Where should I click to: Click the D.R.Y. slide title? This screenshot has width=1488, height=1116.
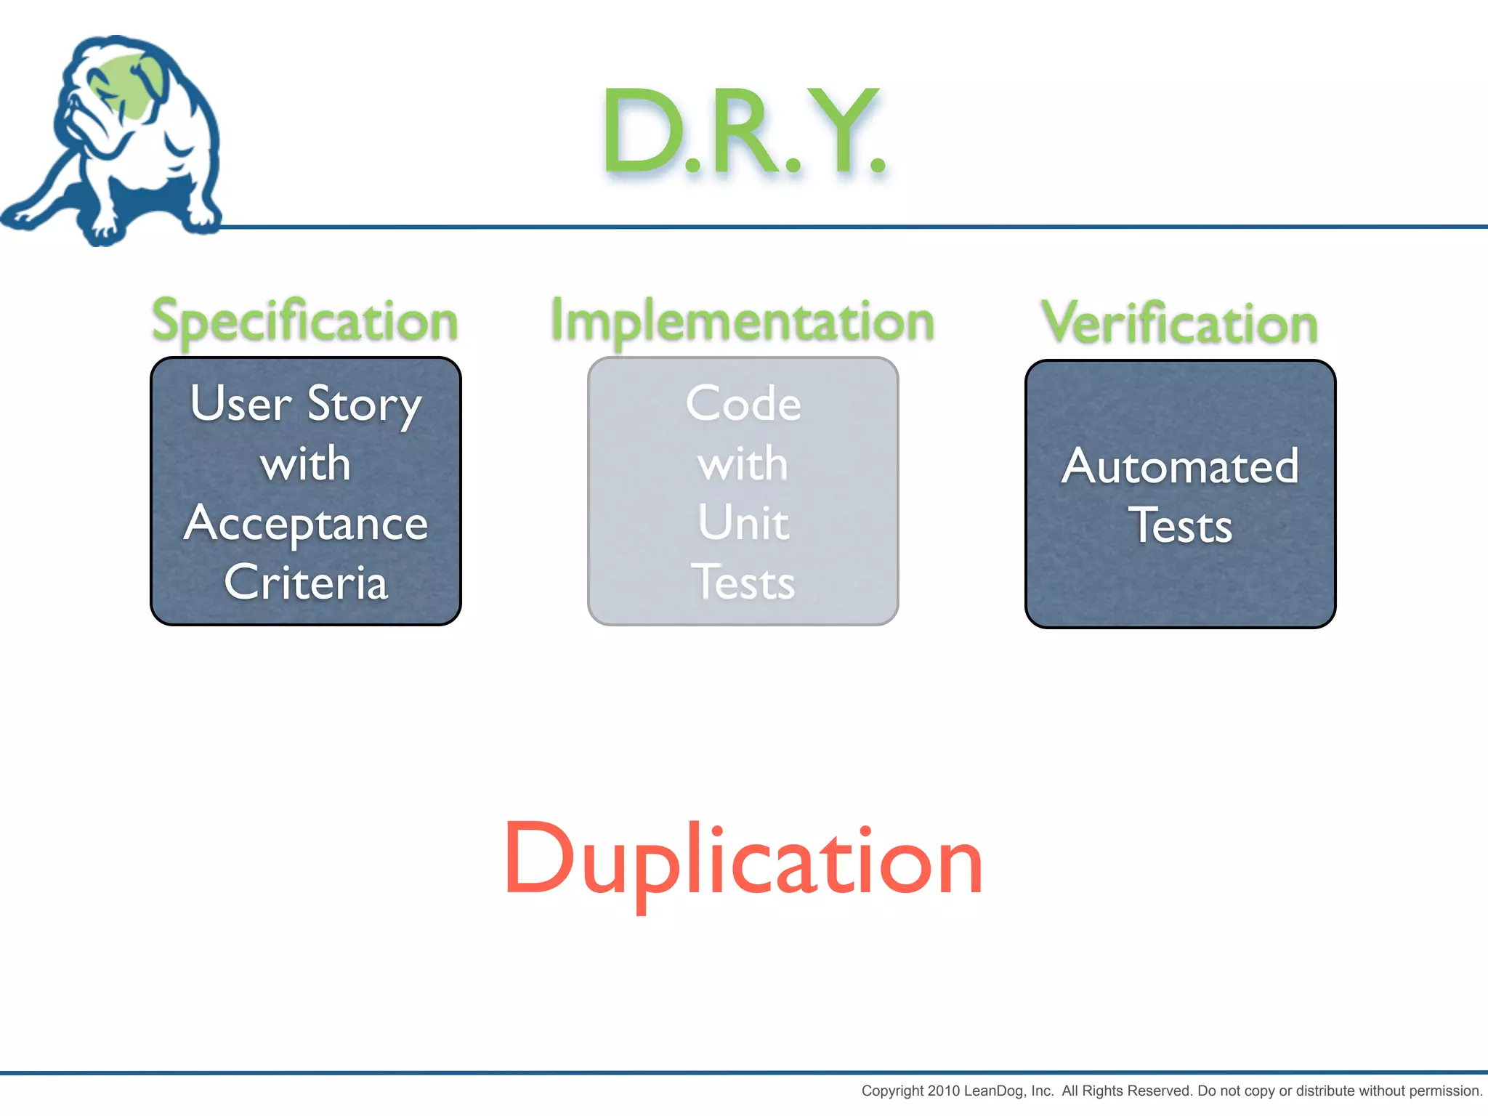pos(743,131)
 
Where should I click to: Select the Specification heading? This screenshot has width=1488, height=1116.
pos(304,321)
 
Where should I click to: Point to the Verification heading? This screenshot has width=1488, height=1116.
pos(1179,323)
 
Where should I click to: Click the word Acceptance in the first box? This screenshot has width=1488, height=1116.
pos(306,525)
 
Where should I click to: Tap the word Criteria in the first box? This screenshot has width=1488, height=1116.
pos(306,583)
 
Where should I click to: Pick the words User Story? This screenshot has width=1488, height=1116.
pos(306,404)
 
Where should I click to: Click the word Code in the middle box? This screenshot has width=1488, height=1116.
pos(743,404)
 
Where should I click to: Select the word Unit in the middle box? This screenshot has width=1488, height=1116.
pos(743,523)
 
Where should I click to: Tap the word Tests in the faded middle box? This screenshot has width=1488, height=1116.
pos(743,583)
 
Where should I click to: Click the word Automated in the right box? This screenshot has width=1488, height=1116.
pos(1180,466)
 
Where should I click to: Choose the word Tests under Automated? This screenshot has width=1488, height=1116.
pos(1180,526)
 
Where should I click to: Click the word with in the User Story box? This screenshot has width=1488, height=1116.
pos(306,465)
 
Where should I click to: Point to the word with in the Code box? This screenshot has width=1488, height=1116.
pos(743,465)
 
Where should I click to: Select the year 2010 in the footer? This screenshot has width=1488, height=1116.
pos(944,1091)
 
